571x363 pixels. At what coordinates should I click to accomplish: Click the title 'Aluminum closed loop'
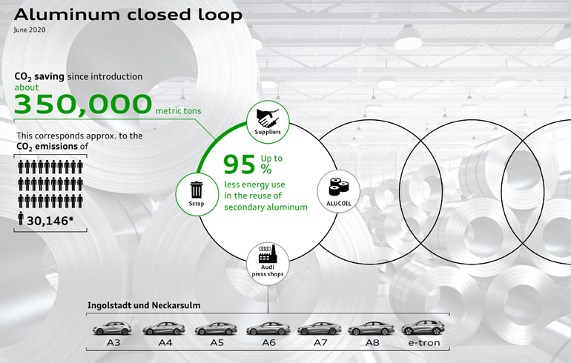(x=128, y=15)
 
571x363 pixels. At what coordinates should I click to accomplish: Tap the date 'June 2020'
(x=30, y=30)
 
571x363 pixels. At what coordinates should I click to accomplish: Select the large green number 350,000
(x=82, y=104)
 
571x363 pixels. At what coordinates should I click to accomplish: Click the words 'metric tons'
(x=178, y=110)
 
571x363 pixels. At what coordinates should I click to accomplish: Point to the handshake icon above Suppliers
(x=268, y=118)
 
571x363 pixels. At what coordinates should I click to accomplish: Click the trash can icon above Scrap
(x=197, y=190)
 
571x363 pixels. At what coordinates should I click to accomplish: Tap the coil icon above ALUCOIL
(x=339, y=187)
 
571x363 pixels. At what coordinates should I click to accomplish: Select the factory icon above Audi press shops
(x=268, y=254)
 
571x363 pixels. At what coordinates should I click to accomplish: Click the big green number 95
(x=240, y=164)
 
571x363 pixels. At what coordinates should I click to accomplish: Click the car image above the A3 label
(x=112, y=328)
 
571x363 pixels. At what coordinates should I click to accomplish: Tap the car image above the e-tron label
(x=423, y=327)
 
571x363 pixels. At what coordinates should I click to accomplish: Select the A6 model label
(x=268, y=343)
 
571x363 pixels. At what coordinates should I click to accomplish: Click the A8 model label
(x=372, y=343)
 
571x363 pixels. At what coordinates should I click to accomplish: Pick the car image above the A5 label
(x=216, y=329)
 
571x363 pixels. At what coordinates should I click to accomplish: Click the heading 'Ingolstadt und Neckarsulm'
(x=144, y=305)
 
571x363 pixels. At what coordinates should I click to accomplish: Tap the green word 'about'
(x=27, y=87)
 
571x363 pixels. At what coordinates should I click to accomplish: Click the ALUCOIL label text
(x=339, y=203)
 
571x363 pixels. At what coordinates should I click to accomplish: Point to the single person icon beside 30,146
(x=21, y=219)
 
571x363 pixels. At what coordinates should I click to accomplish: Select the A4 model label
(x=165, y=343)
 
